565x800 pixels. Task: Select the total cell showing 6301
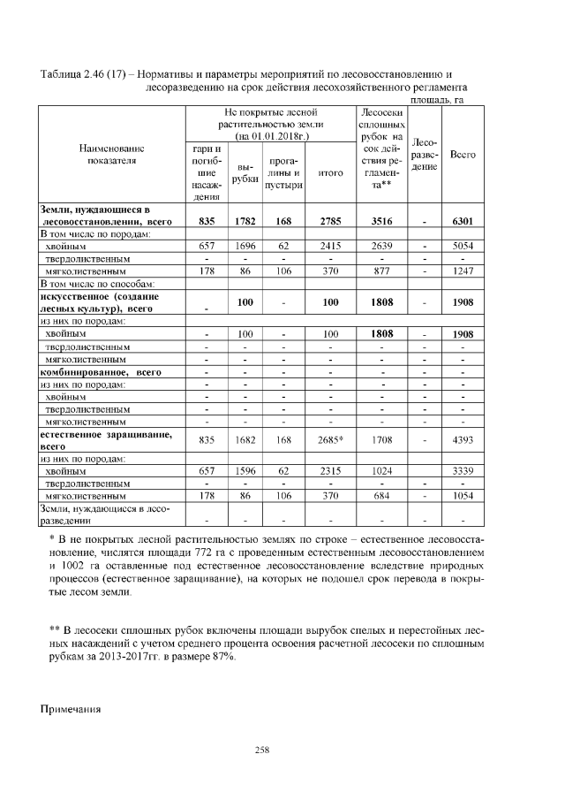(463, 221)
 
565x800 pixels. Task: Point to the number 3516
(381, 221)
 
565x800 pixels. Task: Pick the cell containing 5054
(463, 248)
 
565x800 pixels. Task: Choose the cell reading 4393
(463, 439)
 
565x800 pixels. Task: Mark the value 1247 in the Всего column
(463, 273)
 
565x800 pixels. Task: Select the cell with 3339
(463, 472)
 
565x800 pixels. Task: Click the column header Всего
(463, 155)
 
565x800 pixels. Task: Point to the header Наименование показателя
(111, 155)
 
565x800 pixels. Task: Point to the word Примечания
(72, 709)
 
